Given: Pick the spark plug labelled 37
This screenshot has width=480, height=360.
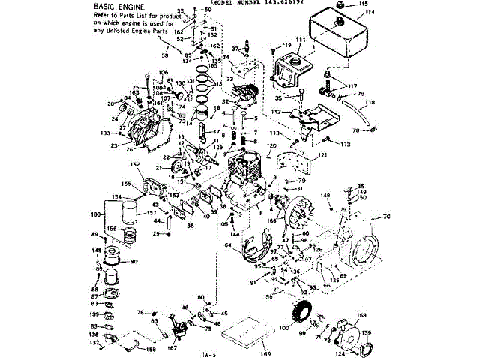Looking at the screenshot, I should [244, 54].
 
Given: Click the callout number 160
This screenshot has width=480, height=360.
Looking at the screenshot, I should [95, 214].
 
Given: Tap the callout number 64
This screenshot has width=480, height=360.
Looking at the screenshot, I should [227, 244].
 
